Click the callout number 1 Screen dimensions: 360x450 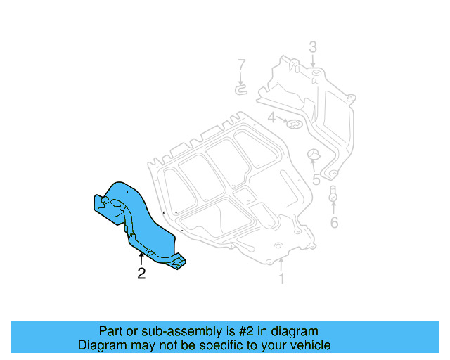coord(281,280)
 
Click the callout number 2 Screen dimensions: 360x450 coord(141,274)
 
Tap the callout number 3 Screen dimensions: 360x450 coord(312,48)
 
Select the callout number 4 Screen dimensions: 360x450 coord(271,117)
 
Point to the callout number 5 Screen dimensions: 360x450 coord(316,180)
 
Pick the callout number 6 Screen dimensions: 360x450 coord(334,224)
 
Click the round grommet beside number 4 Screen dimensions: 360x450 coord(294,125)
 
